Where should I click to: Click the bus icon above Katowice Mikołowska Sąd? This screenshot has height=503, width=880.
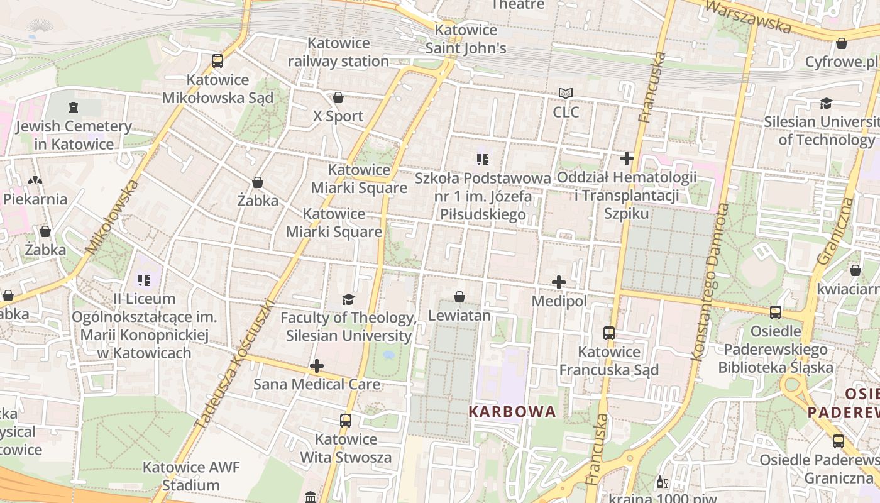[217, 61]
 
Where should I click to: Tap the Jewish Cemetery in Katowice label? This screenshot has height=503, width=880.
[74, 135]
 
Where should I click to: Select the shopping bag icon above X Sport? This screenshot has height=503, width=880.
[338, 97]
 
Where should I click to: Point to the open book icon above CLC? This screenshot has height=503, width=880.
[566, 94]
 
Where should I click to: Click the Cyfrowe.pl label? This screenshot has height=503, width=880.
[841, 62]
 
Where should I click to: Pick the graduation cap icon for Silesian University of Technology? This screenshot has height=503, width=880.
[826, 103]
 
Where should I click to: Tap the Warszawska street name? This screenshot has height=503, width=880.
[748, 17]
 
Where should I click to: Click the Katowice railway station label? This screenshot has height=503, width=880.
[338, 52]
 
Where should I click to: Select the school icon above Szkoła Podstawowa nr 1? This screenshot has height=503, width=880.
[482, 160]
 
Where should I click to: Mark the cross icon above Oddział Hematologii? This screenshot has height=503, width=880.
[627, 158]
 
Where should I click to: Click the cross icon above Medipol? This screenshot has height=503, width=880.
[559, 282]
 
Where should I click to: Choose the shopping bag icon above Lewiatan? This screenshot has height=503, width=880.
[459, 297]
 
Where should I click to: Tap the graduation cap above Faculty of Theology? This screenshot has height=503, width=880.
[348, 299]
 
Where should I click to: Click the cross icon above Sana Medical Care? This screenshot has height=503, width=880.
[317, 365]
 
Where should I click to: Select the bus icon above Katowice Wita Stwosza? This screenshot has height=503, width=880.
[346, 420]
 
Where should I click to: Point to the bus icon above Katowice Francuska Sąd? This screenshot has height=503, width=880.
[609, 333]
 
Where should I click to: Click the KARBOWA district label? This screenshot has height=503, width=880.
[512, 412]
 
